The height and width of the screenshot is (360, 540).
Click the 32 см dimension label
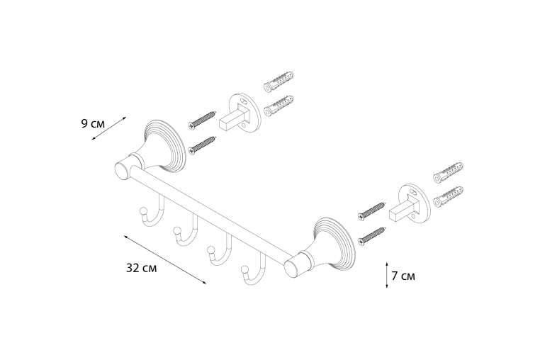coord(141,268)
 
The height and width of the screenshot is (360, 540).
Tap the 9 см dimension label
coord(93,123)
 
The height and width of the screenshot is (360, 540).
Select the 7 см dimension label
coord(403,276)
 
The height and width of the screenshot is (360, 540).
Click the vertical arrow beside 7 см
coord(387,275)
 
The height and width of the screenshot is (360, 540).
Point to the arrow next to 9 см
coord(109,128)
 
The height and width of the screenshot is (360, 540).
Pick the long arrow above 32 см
coord(165,259)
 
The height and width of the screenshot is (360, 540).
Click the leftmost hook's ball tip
coord(142,210)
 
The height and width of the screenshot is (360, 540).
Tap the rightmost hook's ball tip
coord(245,269)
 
